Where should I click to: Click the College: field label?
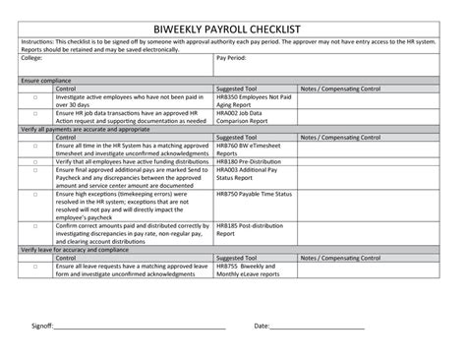click(x=32, y=59)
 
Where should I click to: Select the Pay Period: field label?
click(x=232, y=59)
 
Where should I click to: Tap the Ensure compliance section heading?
click(x=45, y=80)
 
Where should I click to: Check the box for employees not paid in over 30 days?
click(x=35, y=99)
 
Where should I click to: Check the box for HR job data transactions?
click(x=35, y=113)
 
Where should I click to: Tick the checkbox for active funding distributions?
click(x=35, y=161)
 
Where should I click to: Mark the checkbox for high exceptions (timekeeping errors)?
click(x=35, y=195)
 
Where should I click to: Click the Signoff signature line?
click(x=139, y=327)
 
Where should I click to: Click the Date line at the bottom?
click(x=317, y=327)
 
